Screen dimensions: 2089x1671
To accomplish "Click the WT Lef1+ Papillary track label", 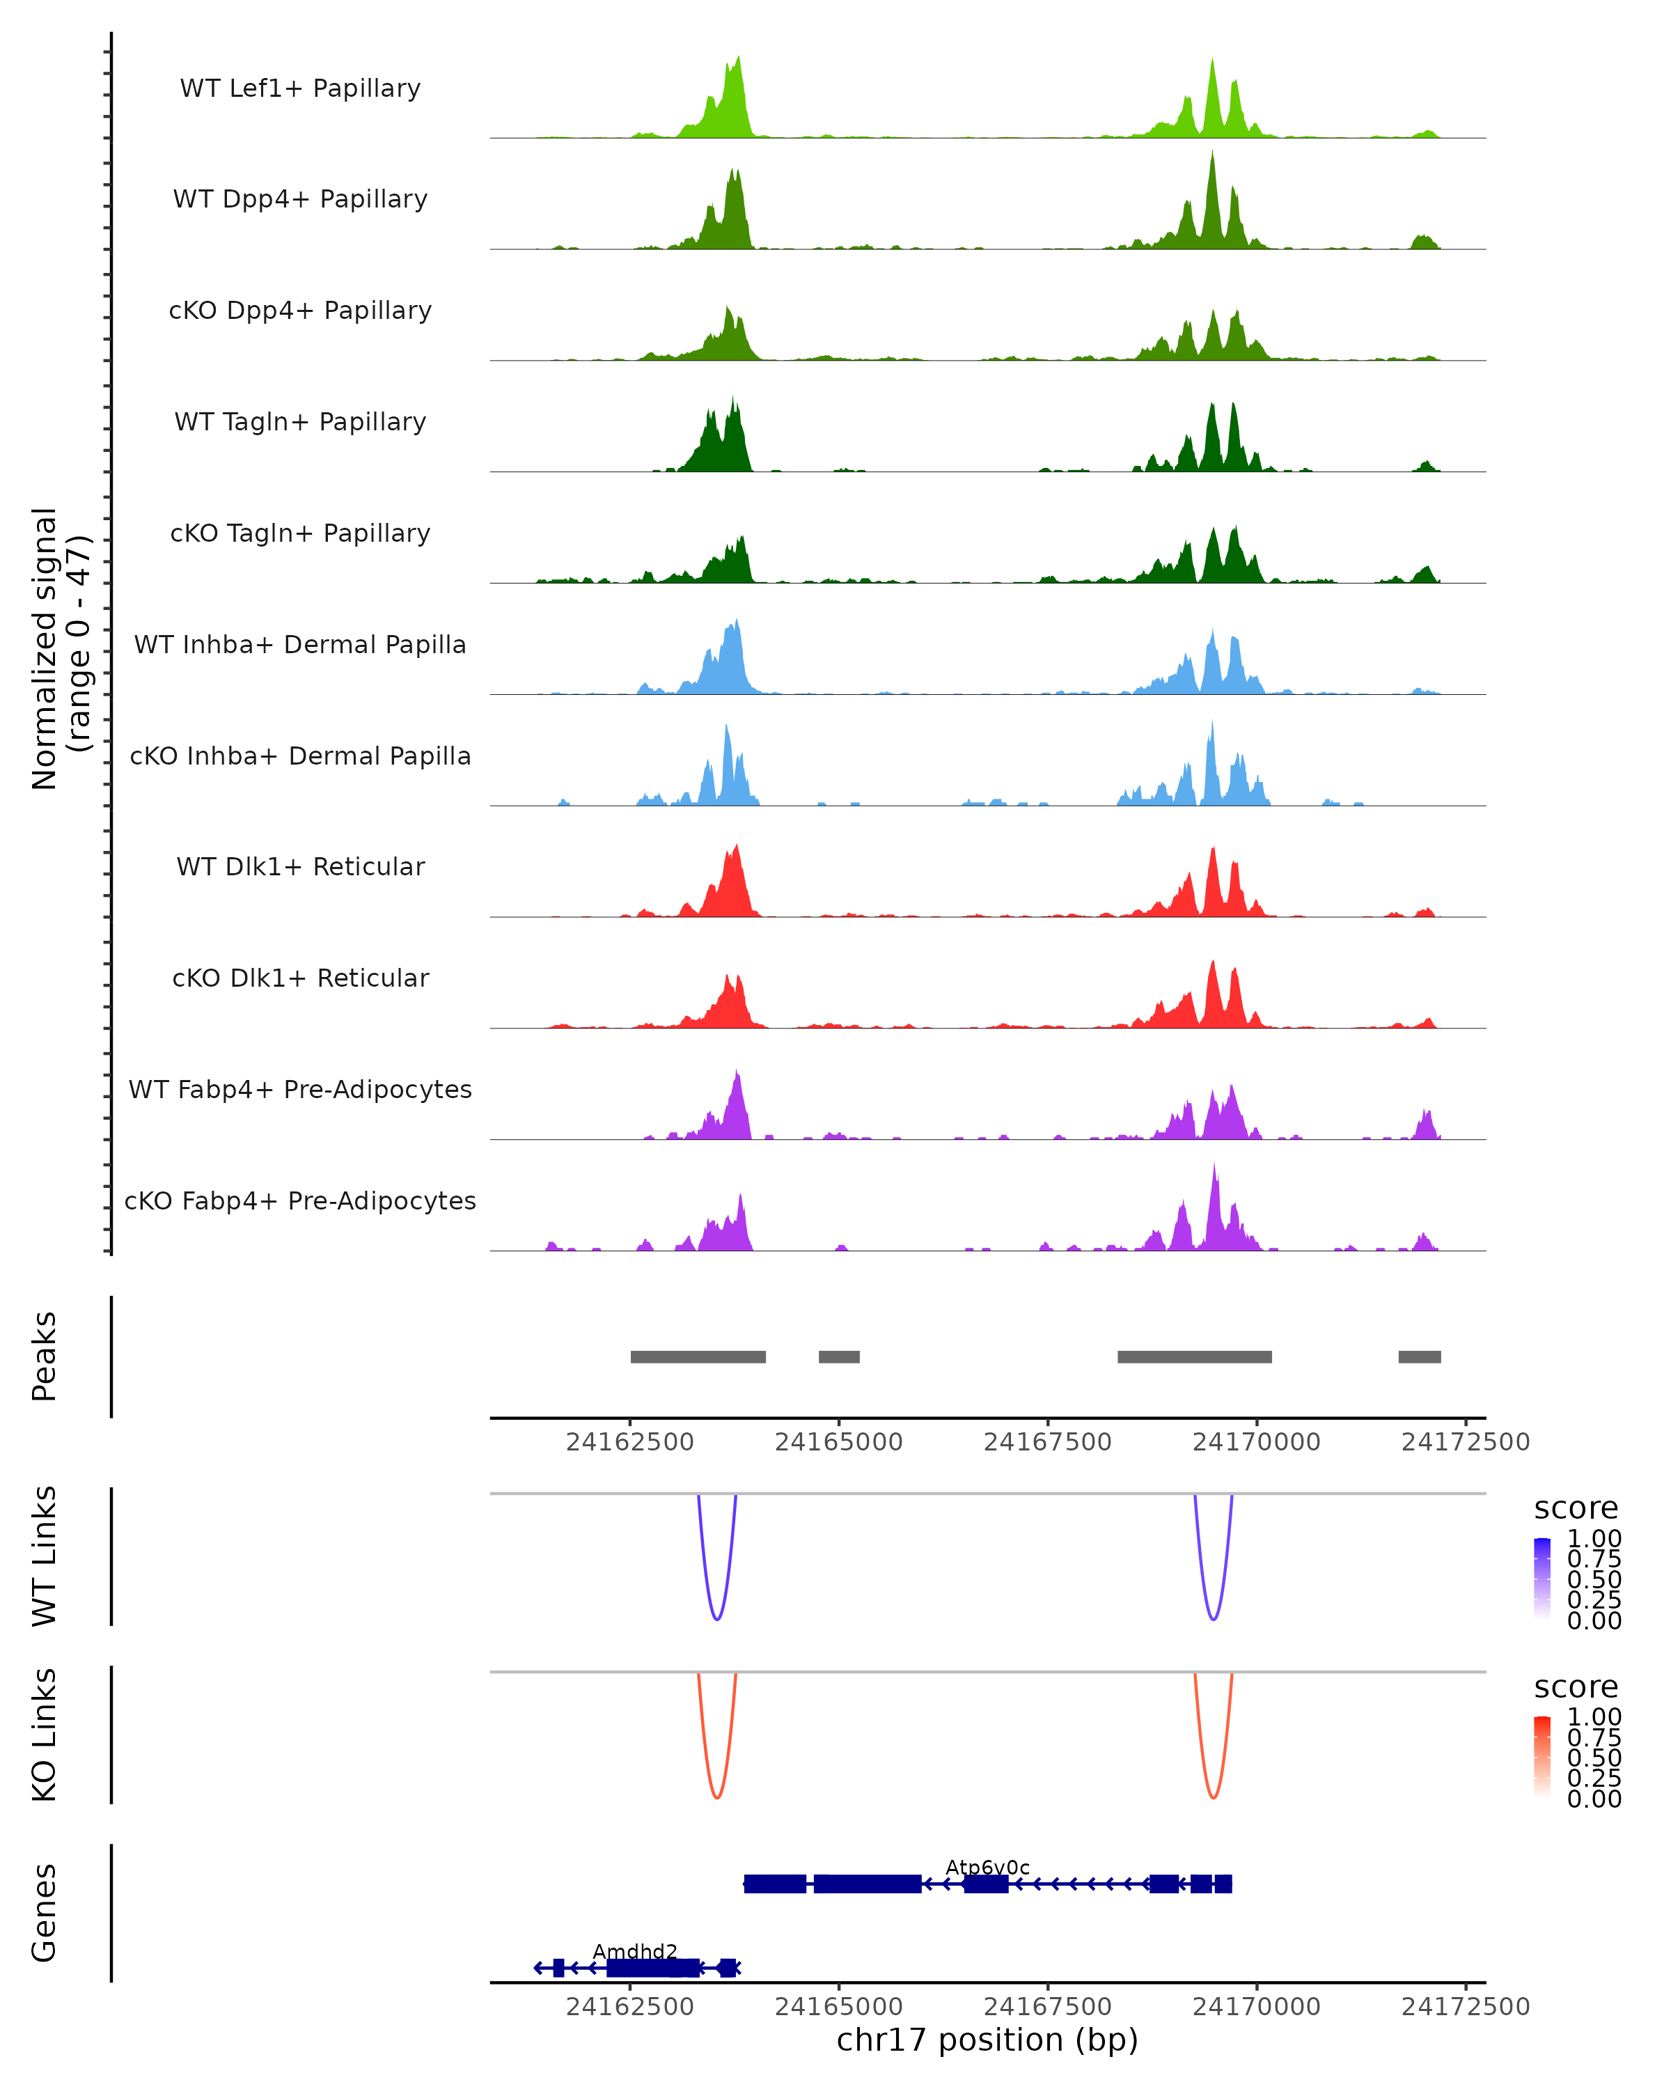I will (300, 88).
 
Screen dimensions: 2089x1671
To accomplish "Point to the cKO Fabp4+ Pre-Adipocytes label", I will (300, 1200).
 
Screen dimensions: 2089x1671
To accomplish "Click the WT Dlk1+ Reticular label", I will (300, 866).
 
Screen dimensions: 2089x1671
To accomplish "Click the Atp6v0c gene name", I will (987, 1868).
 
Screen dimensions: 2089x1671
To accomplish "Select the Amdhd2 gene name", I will (634, 1951).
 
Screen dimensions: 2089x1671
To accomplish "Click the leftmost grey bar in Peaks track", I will (698, 1356).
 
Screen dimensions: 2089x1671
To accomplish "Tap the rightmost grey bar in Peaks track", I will (1419, 1356).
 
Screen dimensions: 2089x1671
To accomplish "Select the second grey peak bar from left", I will (839, 1356).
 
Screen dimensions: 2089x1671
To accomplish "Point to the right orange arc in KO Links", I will (1213, 1797).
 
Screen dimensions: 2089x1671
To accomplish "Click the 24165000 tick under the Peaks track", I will (839, 1442).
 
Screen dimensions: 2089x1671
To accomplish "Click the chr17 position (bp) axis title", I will (987, 2040).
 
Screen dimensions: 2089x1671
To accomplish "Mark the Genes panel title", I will (45, 1913).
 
